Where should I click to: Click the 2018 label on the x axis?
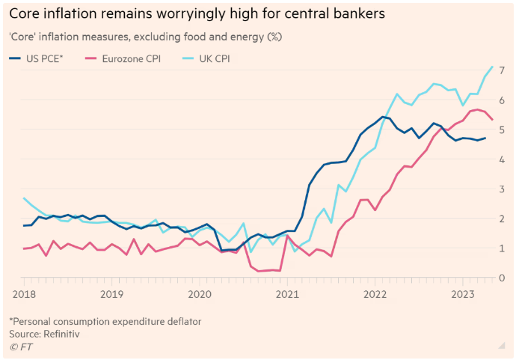[24, 294]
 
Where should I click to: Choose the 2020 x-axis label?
[200, 294]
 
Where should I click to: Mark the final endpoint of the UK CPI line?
[492, 67]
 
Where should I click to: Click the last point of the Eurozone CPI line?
[492, 120]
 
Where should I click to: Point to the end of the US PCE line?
[485, 138]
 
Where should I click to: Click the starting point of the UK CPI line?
[24, 198]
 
